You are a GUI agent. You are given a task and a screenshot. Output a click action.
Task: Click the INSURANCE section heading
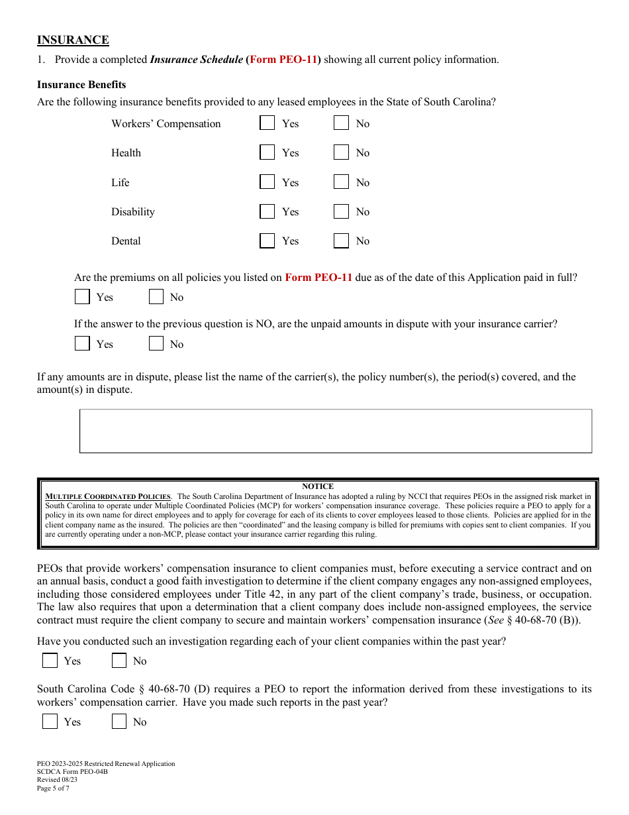pyautogui.click(x=73, y=40)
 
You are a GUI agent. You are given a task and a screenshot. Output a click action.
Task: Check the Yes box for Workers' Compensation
pyautogui.click(x=267, y=123)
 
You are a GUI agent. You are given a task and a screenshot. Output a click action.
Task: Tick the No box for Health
pyautogui.click(x=341, y=152)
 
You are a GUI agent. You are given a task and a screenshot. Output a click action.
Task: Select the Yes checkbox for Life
pyautogui.click(x=267, y=182)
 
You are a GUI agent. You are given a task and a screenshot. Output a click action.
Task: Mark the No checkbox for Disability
pyautogui.click(x=341, y=211)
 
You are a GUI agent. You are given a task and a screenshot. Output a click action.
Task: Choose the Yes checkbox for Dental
pyautogui.click(x=267, y=241)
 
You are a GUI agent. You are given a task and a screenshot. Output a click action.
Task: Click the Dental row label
pyautogui.click(x=126, y=241)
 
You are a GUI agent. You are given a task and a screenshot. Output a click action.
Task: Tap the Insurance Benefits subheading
pyautogui.click(x=81, y=85)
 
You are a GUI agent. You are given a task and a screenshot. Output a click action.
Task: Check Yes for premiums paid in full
pyautogui.click(x=82, y=297)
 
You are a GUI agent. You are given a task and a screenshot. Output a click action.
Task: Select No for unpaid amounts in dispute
pyautogui.click(x=156, y=344)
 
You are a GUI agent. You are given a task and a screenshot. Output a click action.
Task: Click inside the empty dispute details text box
pyautogui.click(x=336, y=431)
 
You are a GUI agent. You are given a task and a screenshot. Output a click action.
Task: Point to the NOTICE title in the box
pyautogui.click(x=318, y=486)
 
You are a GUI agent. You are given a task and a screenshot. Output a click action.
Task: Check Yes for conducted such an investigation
pyautogui.click(x=50, y=661)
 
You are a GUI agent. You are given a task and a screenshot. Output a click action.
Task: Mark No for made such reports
pyautogui.click(x=119, y=722)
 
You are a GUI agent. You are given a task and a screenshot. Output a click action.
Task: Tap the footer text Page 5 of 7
pyautogui.click(x=53, y=788)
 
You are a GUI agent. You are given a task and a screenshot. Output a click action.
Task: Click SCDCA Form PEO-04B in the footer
pyautogui.click(x=72, y=772)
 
